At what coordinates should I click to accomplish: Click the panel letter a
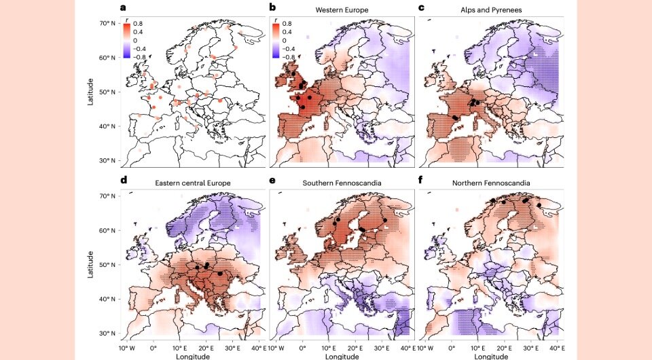click(x=123, y=8)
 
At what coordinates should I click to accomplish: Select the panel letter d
click(x=123, y=181)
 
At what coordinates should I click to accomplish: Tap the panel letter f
click(x=422, y=181)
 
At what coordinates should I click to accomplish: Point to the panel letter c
click(x=422, y=8)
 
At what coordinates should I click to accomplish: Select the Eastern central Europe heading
click(x=193, y=183)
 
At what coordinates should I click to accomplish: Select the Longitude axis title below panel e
click(x=338, y=355)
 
